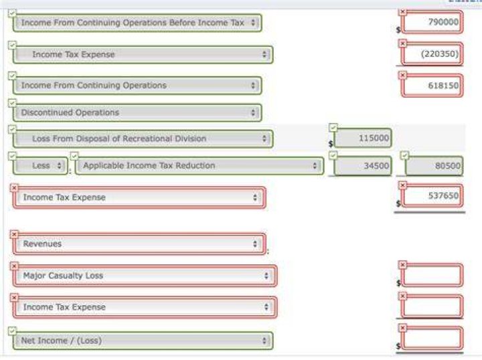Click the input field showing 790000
click(x=432, y=22)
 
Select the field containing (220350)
click(x=432, y=54)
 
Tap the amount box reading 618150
click(x=432, y=86)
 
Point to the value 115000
click(x=363, y=138)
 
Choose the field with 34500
click(x=363, y=165)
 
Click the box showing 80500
click(x=434, y=166)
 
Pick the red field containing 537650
click(x=432, y=195)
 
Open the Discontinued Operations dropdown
click(x=137, y=112)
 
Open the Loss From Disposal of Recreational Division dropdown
click(x=143, y=139)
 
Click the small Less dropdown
click(x=40, y=166)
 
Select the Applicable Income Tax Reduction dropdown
click(x=199, y=166)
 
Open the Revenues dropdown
click(x=139, y=244)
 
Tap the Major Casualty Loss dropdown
click(x=145, y=276)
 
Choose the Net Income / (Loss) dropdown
click(x=143, y=341)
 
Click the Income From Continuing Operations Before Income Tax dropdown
click(x=137, y=23)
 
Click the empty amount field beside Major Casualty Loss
click(x=432, y=274)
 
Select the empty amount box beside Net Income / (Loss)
click(x=432, y=338)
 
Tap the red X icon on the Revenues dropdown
click(x=14, y=234)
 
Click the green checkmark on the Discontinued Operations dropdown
click(x=12, y=103)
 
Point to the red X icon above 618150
click(x=403, y=75)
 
